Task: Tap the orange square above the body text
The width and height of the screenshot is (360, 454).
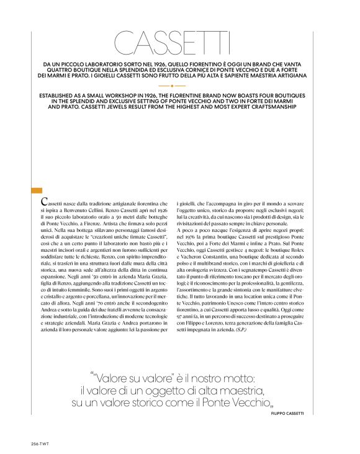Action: pyautogui.click(x=36, y=190)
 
